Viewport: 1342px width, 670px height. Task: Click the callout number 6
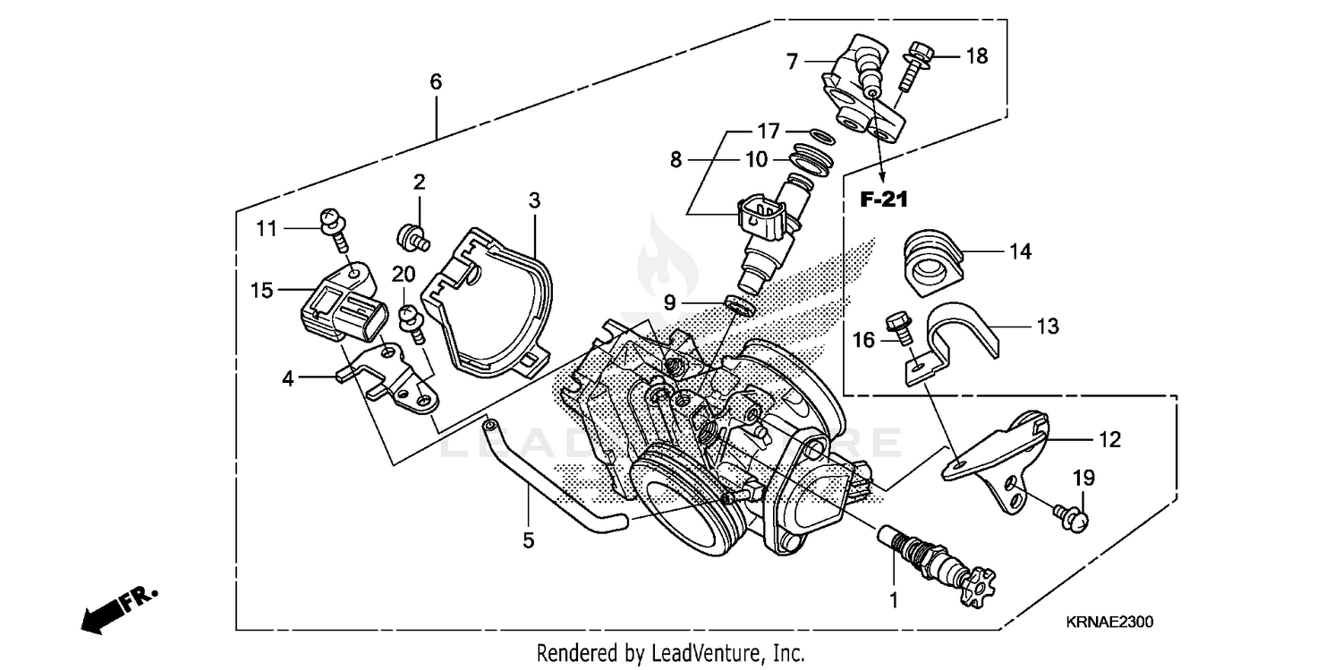(x=436, y=82)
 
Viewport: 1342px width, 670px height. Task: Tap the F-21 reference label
(x=884, y=200)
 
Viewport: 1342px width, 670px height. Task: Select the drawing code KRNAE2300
(x=1109, y=621)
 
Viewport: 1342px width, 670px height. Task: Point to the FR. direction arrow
(x=116, y=608)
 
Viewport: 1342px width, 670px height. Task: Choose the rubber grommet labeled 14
(x=930, y=254)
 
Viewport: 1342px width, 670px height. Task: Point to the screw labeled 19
(x=1069, y=514)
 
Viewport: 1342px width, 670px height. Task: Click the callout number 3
(x=534, y=200)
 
